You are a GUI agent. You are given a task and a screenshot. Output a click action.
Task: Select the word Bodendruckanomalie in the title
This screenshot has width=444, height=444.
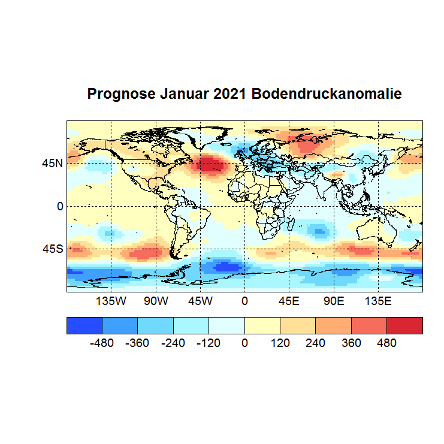point(326,95)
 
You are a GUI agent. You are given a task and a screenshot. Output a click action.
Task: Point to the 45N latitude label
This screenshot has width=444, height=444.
point(52,163)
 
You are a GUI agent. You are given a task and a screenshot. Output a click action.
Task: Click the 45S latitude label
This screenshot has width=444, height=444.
point(52,249)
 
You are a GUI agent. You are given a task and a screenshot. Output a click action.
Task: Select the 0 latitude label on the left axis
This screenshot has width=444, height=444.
point(59,206)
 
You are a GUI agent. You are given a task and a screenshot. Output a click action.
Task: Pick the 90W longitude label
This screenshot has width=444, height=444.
point(156,300)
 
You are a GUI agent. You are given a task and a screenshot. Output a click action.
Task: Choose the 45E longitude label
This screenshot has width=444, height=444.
point(289,300)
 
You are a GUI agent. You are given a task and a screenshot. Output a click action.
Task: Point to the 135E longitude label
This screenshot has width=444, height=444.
point(377,300)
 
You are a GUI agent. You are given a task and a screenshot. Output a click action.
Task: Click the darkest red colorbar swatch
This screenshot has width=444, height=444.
point(404,325)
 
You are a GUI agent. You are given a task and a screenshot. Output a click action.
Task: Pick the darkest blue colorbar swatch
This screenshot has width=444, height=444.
point(84,325)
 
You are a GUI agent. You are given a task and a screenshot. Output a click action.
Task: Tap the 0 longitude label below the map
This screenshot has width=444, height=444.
point(244,300)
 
